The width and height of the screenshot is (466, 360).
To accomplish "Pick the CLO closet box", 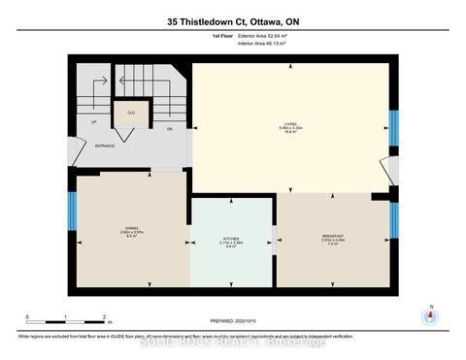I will click(130, 114).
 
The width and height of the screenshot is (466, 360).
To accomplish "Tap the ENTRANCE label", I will click(104, 146).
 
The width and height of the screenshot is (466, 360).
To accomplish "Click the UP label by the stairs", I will click(93, 122).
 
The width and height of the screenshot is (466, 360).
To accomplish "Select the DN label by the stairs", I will click(168, 128).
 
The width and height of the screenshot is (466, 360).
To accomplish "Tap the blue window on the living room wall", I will click(393, 126).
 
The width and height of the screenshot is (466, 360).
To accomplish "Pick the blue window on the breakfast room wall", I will click(393, 220).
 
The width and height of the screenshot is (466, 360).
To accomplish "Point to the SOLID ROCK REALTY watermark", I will click(233, 342).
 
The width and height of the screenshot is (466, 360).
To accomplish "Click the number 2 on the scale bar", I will click(103, 316).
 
